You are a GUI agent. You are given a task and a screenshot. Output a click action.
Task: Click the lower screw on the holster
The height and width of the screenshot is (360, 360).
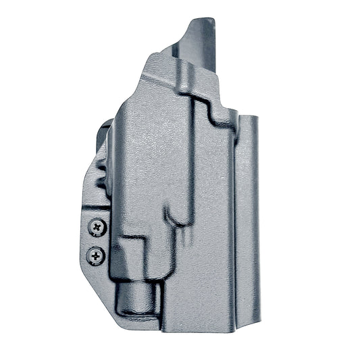(x=97, y=255)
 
